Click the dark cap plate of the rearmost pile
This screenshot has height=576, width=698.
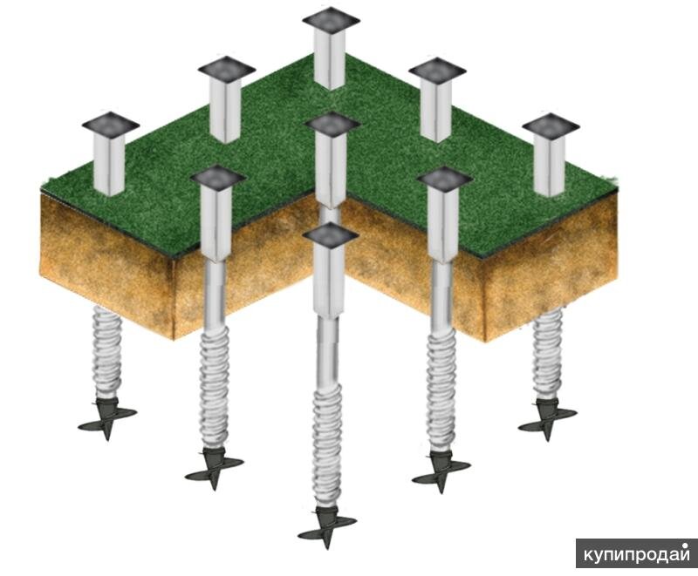(331, 20)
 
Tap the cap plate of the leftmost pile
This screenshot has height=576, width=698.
(111, 124)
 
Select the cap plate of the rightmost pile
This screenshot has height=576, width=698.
(551, 125)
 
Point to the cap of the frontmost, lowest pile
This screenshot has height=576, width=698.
(331, 235)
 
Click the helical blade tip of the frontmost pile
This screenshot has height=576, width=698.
(328, 528)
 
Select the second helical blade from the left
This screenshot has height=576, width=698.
(214, 469)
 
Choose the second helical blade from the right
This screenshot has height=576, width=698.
(441, 472)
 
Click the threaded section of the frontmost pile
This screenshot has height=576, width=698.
(328, 445)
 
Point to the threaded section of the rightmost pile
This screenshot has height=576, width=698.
(548, 354)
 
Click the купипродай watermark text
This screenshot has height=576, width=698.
(637, 554)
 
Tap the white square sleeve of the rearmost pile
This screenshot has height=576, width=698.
(330, 58)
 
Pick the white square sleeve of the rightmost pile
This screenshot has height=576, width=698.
(550, 165)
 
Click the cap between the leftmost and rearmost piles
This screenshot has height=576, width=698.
(227, 69)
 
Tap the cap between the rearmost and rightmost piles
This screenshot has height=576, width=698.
(437, 71)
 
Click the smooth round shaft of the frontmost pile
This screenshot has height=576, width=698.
(328, 351)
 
